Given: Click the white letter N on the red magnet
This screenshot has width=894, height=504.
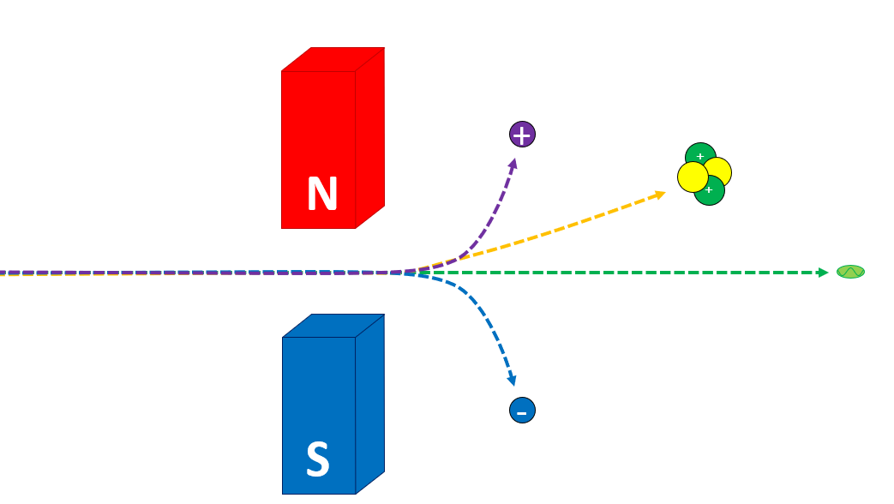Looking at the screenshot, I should (x=322, y=195).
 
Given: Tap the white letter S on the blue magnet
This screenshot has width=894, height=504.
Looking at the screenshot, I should (x=318, y=460).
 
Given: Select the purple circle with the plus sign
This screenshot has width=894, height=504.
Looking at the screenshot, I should (x=522, y=134).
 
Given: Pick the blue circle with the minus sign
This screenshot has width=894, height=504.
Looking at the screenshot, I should (x=522, y=411).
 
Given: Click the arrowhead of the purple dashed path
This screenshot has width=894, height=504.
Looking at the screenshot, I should (x=513, y=162).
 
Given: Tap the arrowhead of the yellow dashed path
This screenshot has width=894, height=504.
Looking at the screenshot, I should (x=660, y=194).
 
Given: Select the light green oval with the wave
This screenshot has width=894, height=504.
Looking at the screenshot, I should (x=850, y=272).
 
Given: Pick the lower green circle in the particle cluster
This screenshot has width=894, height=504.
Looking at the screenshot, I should (x=711, y=193).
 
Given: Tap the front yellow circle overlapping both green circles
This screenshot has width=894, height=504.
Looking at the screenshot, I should (x=693, y=177).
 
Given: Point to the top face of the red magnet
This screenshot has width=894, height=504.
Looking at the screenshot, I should (x=333, y=59).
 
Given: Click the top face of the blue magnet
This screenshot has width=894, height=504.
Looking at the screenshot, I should (x=333, y=325).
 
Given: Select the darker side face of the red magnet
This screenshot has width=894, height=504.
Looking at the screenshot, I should (x=369, y=137).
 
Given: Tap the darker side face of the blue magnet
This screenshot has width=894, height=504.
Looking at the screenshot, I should (x=369, y=403).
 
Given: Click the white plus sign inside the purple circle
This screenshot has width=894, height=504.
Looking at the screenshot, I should (x=522, y=134).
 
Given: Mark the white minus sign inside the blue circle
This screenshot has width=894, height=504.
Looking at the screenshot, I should (x=522, y=413).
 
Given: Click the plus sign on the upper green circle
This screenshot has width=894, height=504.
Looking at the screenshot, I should (x=700, y=156).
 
